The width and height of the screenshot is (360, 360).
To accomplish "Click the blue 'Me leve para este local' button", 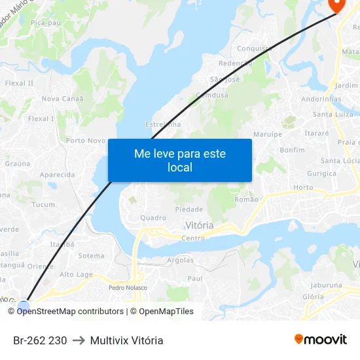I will pyautogui.click(x=180, y=160).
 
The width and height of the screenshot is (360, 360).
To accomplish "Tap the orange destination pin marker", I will pyautogui.click(x=337, y=5).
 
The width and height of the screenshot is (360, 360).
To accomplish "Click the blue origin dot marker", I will pyautogui.click(x=24, y=306).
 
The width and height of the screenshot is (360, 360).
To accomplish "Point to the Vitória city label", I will pyautogui.click(x=199, y=225).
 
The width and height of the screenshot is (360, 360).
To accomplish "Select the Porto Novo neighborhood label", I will pyautogui.click(x=86, y=140).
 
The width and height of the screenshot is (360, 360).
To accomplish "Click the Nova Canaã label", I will pyautogui.click(x=62, y=99).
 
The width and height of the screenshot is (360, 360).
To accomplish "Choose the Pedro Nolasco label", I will pyautogui.click(x=128, y=287).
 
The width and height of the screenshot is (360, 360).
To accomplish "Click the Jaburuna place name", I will pyautogui.click(x=326, y=285).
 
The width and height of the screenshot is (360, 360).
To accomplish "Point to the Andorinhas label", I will pyautogui.click(x=321, y=99).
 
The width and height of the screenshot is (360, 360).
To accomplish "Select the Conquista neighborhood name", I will pyautogui.click(x=254, y=48).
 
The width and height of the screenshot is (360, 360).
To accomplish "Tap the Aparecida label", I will pyautogui.click(x=57, y=175).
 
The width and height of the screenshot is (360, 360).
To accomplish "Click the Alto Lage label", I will pyautogui.click(x=76, y=275).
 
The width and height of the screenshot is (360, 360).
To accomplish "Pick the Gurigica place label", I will pyautogui.click(x=322, y=173).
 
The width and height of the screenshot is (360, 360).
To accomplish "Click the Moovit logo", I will pyautogui.click(x=321, y=340).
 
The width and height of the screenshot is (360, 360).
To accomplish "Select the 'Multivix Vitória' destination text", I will pyautogui.click(x=127, y=340).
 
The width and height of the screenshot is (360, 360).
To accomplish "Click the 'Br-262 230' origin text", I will pyautogui.click(x=40, y=340).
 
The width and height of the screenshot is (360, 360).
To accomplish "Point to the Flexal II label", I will pyautogui.click(x=19, y=83).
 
